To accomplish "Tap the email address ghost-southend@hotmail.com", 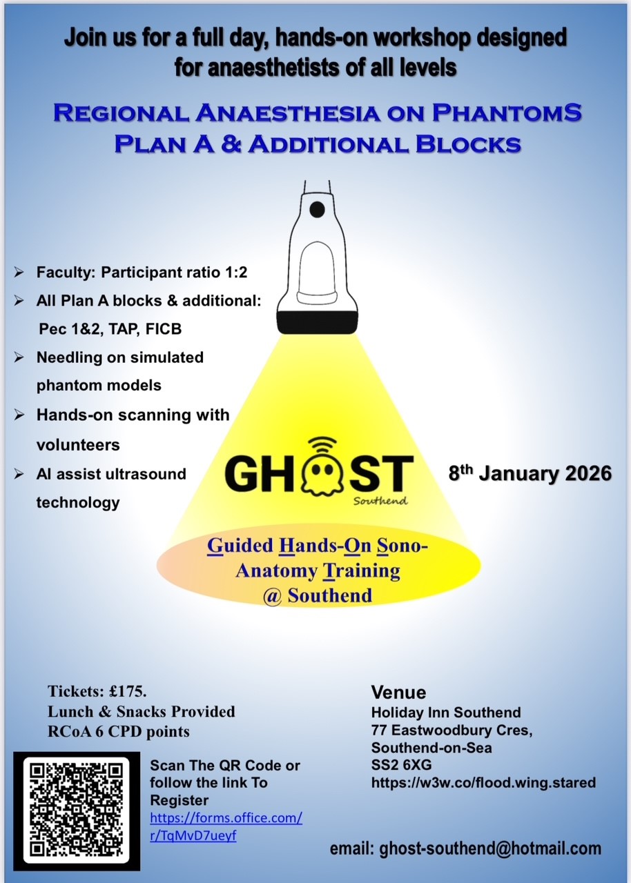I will tap(490, 849).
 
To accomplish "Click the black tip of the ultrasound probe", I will tap(318, 321).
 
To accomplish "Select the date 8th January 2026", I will tap(530, 474).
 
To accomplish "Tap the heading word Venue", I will tap(398, 692).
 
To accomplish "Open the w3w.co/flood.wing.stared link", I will tap(483, 783).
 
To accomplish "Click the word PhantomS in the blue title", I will tap(527, 113).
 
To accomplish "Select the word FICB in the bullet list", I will tap(164, 328).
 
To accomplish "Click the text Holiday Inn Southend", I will tap(446, 713).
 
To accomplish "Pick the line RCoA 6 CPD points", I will tap(118, 731).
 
